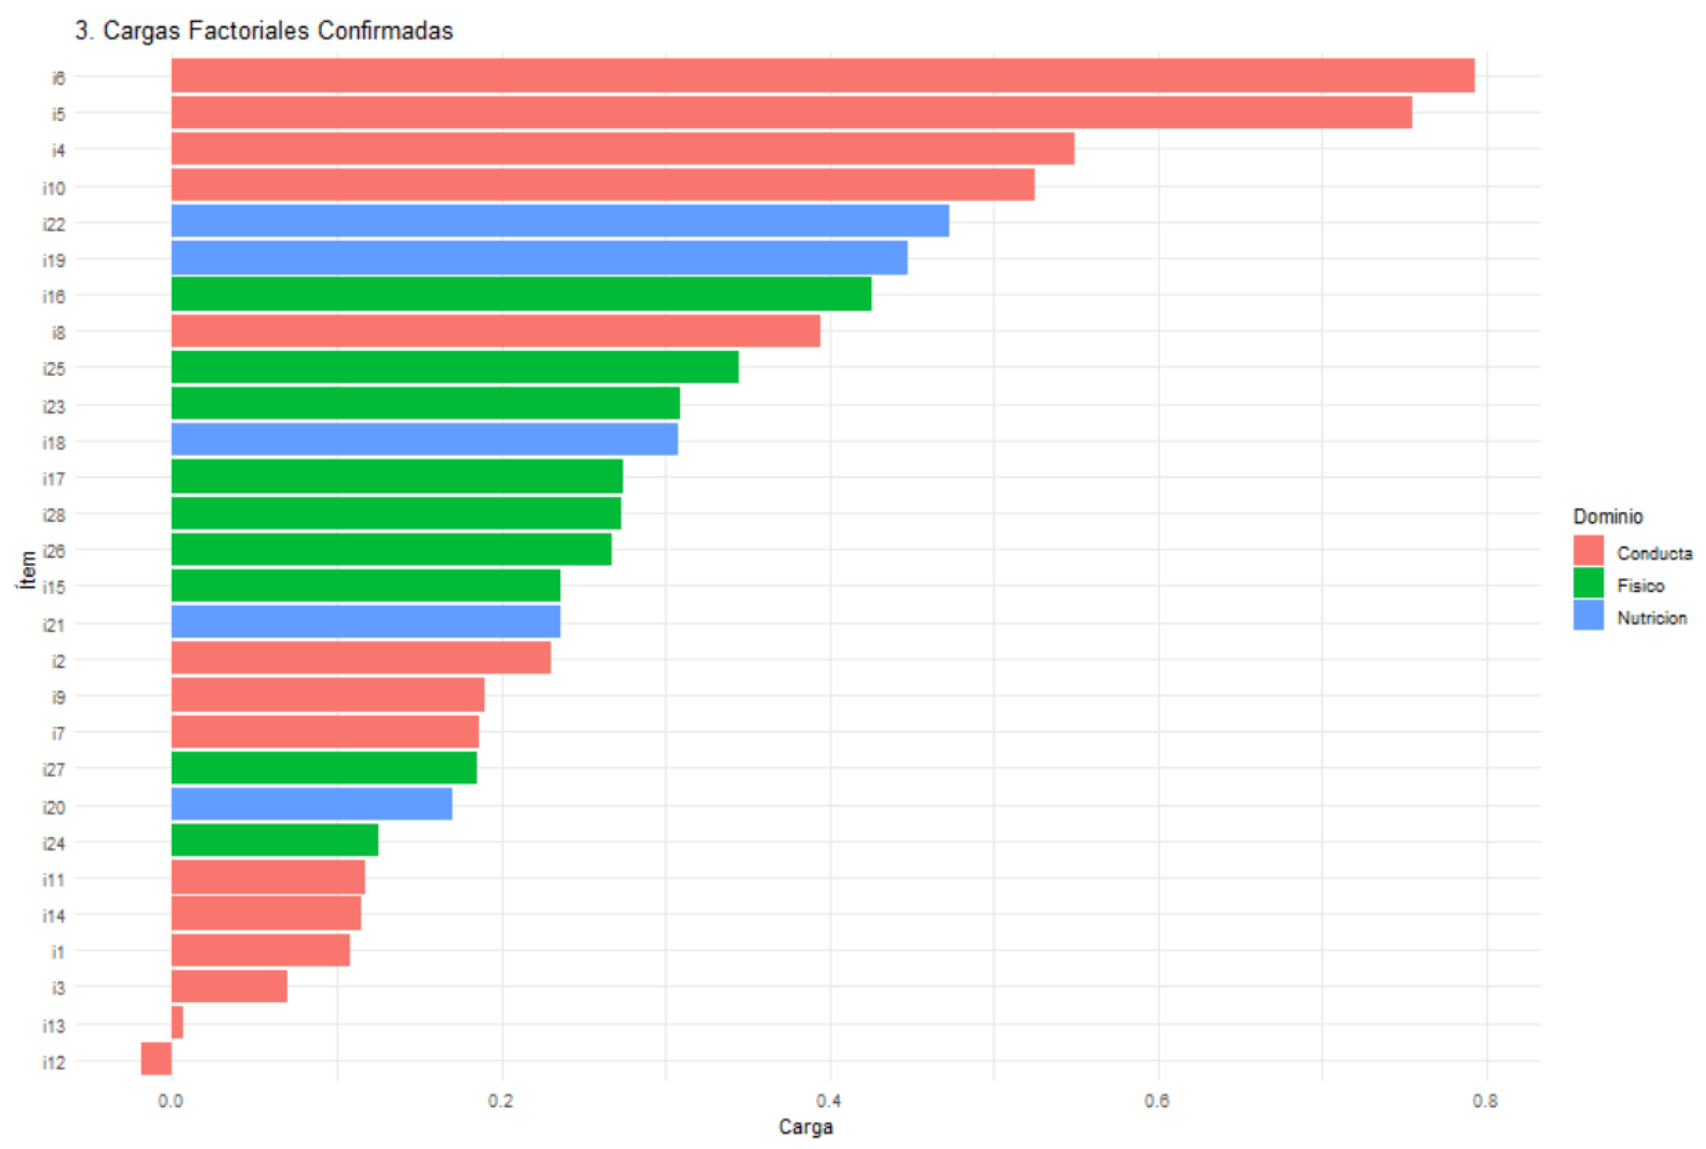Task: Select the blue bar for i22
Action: click(x=560, y=220)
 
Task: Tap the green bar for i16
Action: click(x=521, y=294)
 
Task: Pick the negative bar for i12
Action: click(x=156, y=1058)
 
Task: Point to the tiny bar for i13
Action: click(x=176, y=1022)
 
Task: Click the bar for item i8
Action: click(x=495, y=331)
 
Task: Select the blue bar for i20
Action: click(x=311, y=804)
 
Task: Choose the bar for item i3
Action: click(x=229, y=986)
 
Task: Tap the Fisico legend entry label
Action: click(x=1640, y=585)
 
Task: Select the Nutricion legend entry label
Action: click(x=1652, y=618)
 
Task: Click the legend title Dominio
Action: click(x=1608, y=517)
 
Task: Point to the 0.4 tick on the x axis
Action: click(x=830, y=1101)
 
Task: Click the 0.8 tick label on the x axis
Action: click(x=1486, y=1101)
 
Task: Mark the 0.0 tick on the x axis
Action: click(x=171, y=1101)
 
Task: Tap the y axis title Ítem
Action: click(x=28, y=570)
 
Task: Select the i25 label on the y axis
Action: click(x=53, y=369)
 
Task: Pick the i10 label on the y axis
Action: click(x=53, y=188)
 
